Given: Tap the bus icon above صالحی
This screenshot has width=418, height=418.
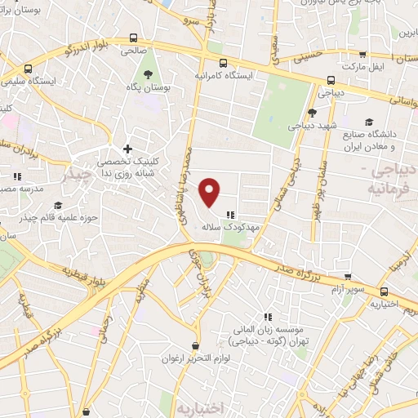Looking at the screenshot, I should coord(132,38).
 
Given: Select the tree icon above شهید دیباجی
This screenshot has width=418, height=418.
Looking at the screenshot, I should coord(312,113).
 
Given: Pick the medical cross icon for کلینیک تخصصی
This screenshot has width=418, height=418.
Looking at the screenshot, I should coord(127,149).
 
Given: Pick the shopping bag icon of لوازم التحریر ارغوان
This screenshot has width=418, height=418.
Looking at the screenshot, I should coord(194,345).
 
